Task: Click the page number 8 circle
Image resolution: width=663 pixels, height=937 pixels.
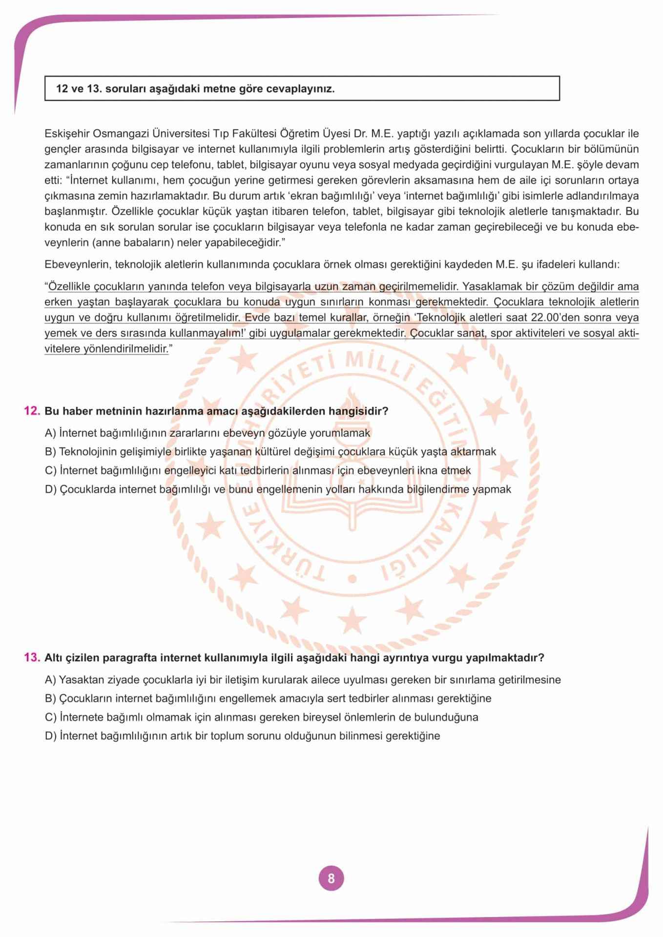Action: pyautogui.click(x=331, y=878)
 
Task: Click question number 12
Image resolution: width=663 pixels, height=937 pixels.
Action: pyautogui.click(x=32, y=411)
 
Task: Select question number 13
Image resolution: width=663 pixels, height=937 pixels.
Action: pyautogui.click(x=32, y=658)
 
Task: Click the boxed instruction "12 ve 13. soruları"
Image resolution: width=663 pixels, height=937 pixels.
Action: pyautogui.click(x=195, y=89)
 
